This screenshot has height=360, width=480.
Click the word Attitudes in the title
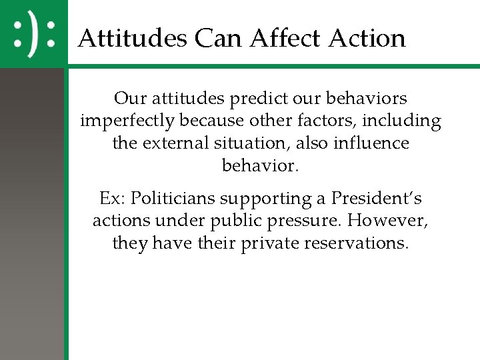(x=132, y=38)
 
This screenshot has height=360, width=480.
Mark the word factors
(x=318, y=121)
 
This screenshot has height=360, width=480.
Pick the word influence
(x=376, y=143)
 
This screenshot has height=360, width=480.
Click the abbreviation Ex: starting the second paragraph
(x=112, y=199)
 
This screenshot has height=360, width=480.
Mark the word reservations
(x=356, y=243)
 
